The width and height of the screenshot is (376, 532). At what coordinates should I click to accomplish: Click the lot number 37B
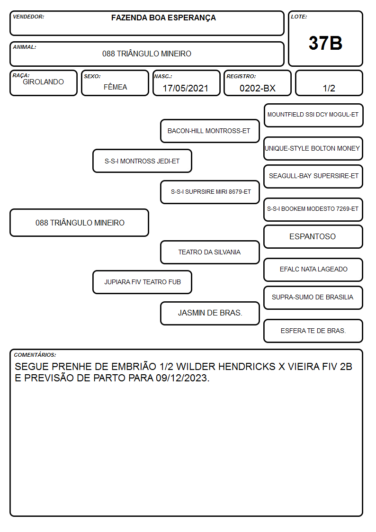click(x=325, y=43)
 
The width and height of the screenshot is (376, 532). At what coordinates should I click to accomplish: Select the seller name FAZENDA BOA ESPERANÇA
click(x=163, y=18)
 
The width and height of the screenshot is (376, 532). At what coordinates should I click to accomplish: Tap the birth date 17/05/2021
click(x=186, y=88)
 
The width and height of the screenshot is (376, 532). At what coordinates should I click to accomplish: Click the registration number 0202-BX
click(x=257, y=88)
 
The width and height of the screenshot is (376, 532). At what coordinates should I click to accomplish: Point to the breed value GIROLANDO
click(x=43, y=82)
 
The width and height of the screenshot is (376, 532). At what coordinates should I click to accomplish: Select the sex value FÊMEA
click(x=115, y=87)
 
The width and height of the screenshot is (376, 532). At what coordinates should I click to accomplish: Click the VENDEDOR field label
click(x=28, y=17)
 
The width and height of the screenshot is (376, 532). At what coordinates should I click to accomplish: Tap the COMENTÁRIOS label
click(x=35, y=355)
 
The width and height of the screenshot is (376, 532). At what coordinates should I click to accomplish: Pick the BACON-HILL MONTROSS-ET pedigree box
click(x=210, y=131)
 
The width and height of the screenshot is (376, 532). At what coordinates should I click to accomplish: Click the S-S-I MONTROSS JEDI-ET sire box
click(x=142, y=161)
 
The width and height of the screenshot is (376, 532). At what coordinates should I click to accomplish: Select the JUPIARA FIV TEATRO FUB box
click(x=142, y=282)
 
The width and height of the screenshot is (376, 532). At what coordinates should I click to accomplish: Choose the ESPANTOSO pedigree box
click(x=313, y=236)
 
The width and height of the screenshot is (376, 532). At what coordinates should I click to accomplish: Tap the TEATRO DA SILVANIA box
click(x=210, y=252)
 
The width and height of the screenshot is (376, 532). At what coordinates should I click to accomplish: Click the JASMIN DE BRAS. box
click(x=210, y=313)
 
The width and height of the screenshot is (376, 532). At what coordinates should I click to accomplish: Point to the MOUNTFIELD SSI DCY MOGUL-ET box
click(x=313, y=115)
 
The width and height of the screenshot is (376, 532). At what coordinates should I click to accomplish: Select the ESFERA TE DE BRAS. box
click(x=313, y=331)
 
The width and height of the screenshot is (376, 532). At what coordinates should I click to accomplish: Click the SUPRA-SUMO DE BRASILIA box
click(x=313, y=298)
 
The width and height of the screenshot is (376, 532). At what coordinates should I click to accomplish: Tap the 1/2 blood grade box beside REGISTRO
click(x=329, y=83)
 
